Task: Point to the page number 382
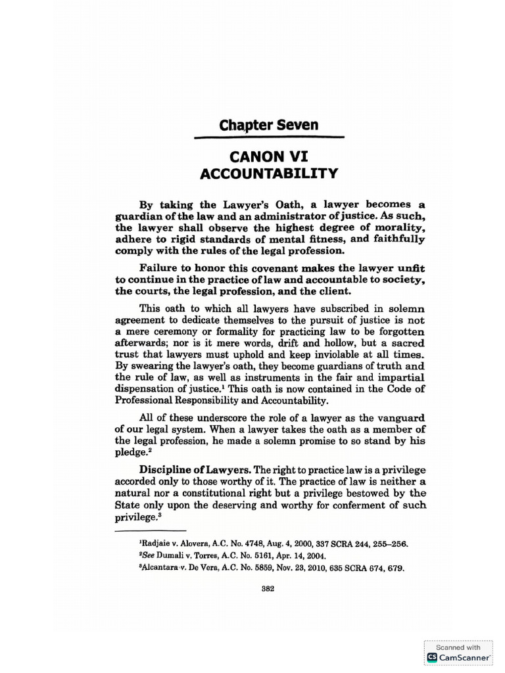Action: pyautogui.click(x=268, y=588)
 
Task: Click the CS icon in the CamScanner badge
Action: pyautogui.click(x=432, y=657)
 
